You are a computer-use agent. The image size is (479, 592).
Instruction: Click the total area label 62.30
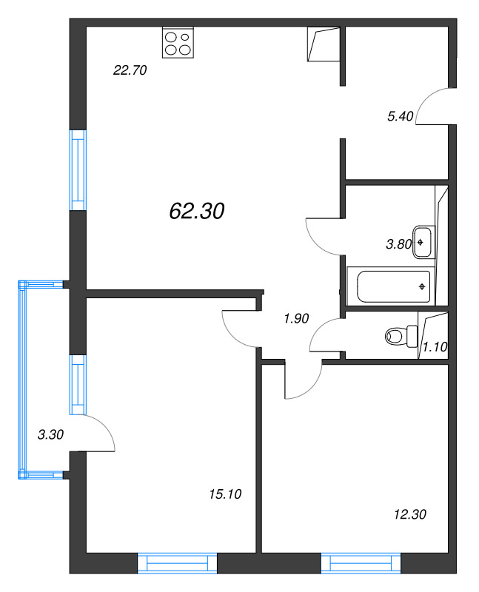(x=196, y=211)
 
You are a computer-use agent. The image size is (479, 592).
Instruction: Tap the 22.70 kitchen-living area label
(x=130, y=71)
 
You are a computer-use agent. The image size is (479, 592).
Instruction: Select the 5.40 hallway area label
(x=400, y=115)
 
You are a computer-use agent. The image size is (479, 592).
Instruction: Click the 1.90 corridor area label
(x=296, y=319)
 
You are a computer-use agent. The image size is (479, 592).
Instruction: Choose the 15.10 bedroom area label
(x=226, y=494)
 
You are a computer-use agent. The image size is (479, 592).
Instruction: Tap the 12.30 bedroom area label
(x=410, y=514)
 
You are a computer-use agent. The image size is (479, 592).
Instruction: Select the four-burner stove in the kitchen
(x=178, y=43)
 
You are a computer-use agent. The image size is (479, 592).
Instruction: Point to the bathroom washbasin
(x=423, y=240)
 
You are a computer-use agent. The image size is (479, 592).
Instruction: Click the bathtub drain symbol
(x=422, y=286)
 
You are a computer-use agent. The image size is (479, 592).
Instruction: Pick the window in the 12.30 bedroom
(x=361, y=563)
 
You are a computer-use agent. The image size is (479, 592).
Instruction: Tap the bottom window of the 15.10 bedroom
(x=178, y=563)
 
